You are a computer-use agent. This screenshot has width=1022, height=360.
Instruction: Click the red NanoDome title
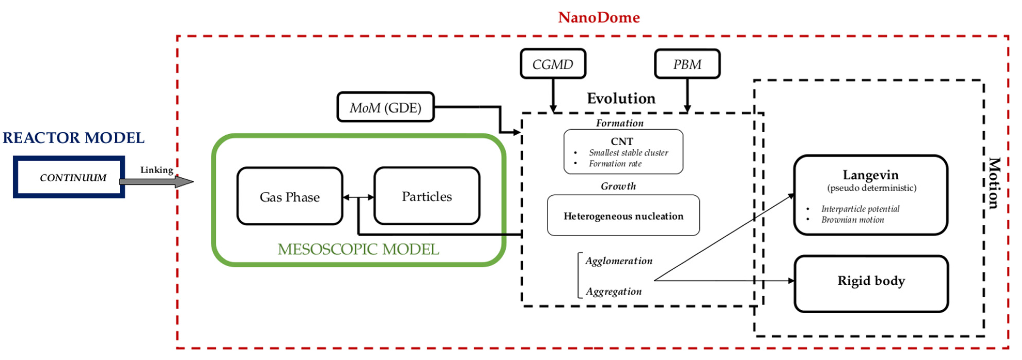(599, 18)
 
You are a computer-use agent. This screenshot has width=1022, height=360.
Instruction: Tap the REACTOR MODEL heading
(73, 138)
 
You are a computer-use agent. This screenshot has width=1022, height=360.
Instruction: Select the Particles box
(427, 196)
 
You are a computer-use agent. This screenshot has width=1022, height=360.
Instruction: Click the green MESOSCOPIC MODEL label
(358, 249)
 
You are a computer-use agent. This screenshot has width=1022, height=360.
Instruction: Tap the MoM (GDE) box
(385, 107)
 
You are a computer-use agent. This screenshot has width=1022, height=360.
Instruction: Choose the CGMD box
(553, 64)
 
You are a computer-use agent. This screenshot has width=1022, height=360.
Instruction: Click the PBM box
(687, 64)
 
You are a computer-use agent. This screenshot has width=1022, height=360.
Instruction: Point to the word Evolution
(621, 98)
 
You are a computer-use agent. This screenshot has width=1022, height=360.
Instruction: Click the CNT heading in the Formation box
(622, 141)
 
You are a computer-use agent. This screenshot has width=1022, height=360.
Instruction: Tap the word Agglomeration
(618, 261)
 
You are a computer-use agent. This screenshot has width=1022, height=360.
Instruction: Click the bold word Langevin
(870, 175)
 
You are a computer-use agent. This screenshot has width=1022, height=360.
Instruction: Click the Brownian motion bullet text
(852, 220)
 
